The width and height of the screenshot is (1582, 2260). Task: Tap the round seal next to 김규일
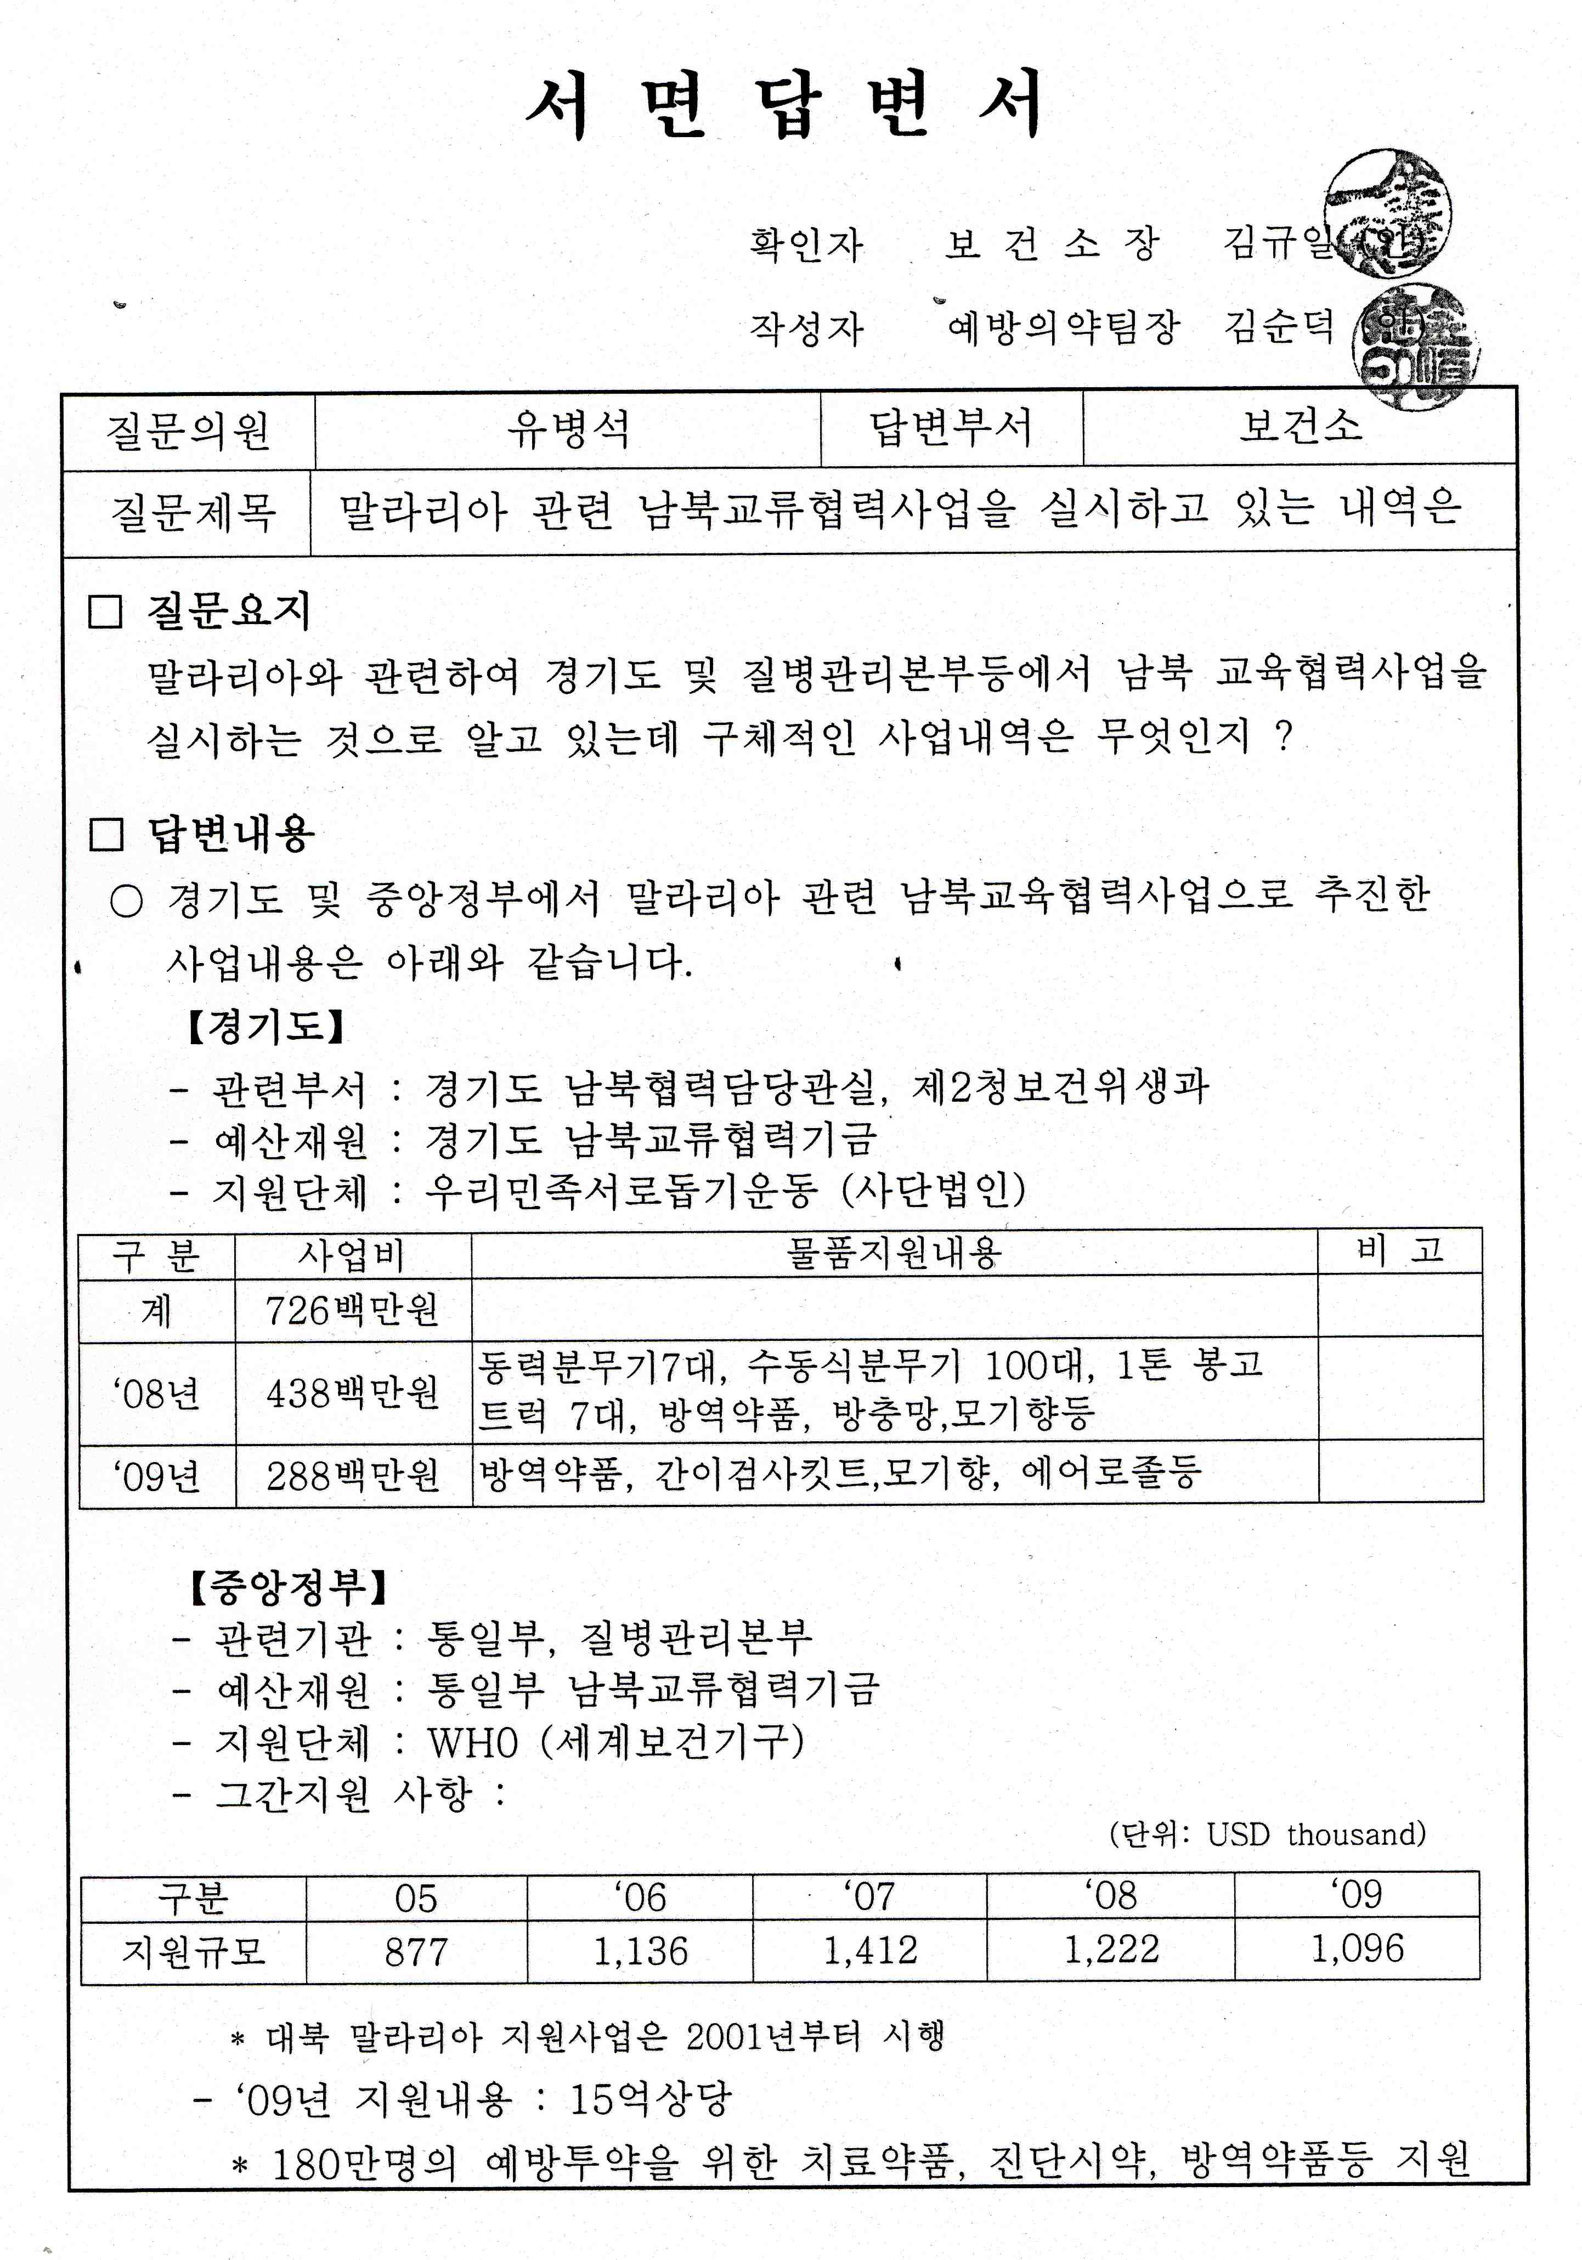(1386, 213)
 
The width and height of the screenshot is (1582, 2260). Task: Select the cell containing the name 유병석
(568, 429)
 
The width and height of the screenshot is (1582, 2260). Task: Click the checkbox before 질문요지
(105, 611)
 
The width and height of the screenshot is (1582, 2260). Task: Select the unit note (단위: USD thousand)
(1267, 1834)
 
